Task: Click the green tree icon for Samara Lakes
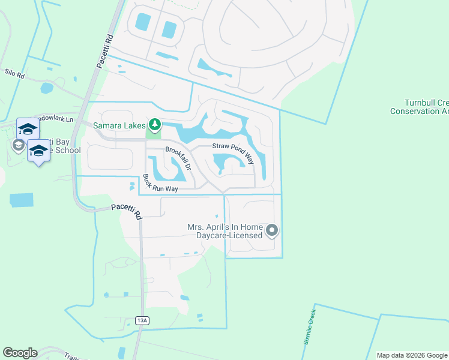coord(155,125)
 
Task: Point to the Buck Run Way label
coord(160,183)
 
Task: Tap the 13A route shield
coord(142,321)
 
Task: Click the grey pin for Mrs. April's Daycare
coord(272,230)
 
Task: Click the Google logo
coord(20,353)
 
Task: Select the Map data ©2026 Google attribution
coord(412,355)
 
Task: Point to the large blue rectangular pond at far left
coord(22,200)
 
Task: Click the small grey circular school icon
coord(18,146)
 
